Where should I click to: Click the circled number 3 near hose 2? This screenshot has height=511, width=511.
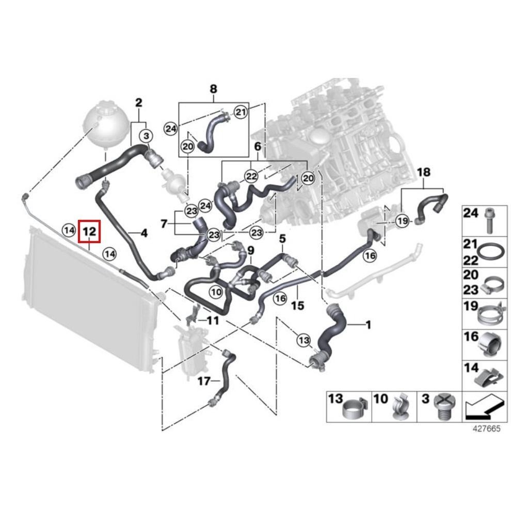point(147,136)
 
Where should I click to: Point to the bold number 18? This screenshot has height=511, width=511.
point(423,172)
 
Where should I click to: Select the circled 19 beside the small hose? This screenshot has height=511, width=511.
point(403,221)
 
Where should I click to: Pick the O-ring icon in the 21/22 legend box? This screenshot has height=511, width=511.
point(488,252)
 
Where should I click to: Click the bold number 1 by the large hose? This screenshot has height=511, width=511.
point(368,325)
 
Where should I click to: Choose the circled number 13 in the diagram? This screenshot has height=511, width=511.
point(304,340)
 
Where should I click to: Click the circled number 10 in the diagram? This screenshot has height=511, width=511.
point(215,292)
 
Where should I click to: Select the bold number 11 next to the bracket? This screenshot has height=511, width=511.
point(212,321)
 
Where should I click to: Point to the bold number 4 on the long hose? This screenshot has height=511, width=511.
point(143,233)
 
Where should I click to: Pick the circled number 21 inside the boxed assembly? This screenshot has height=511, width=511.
point(241,111)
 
